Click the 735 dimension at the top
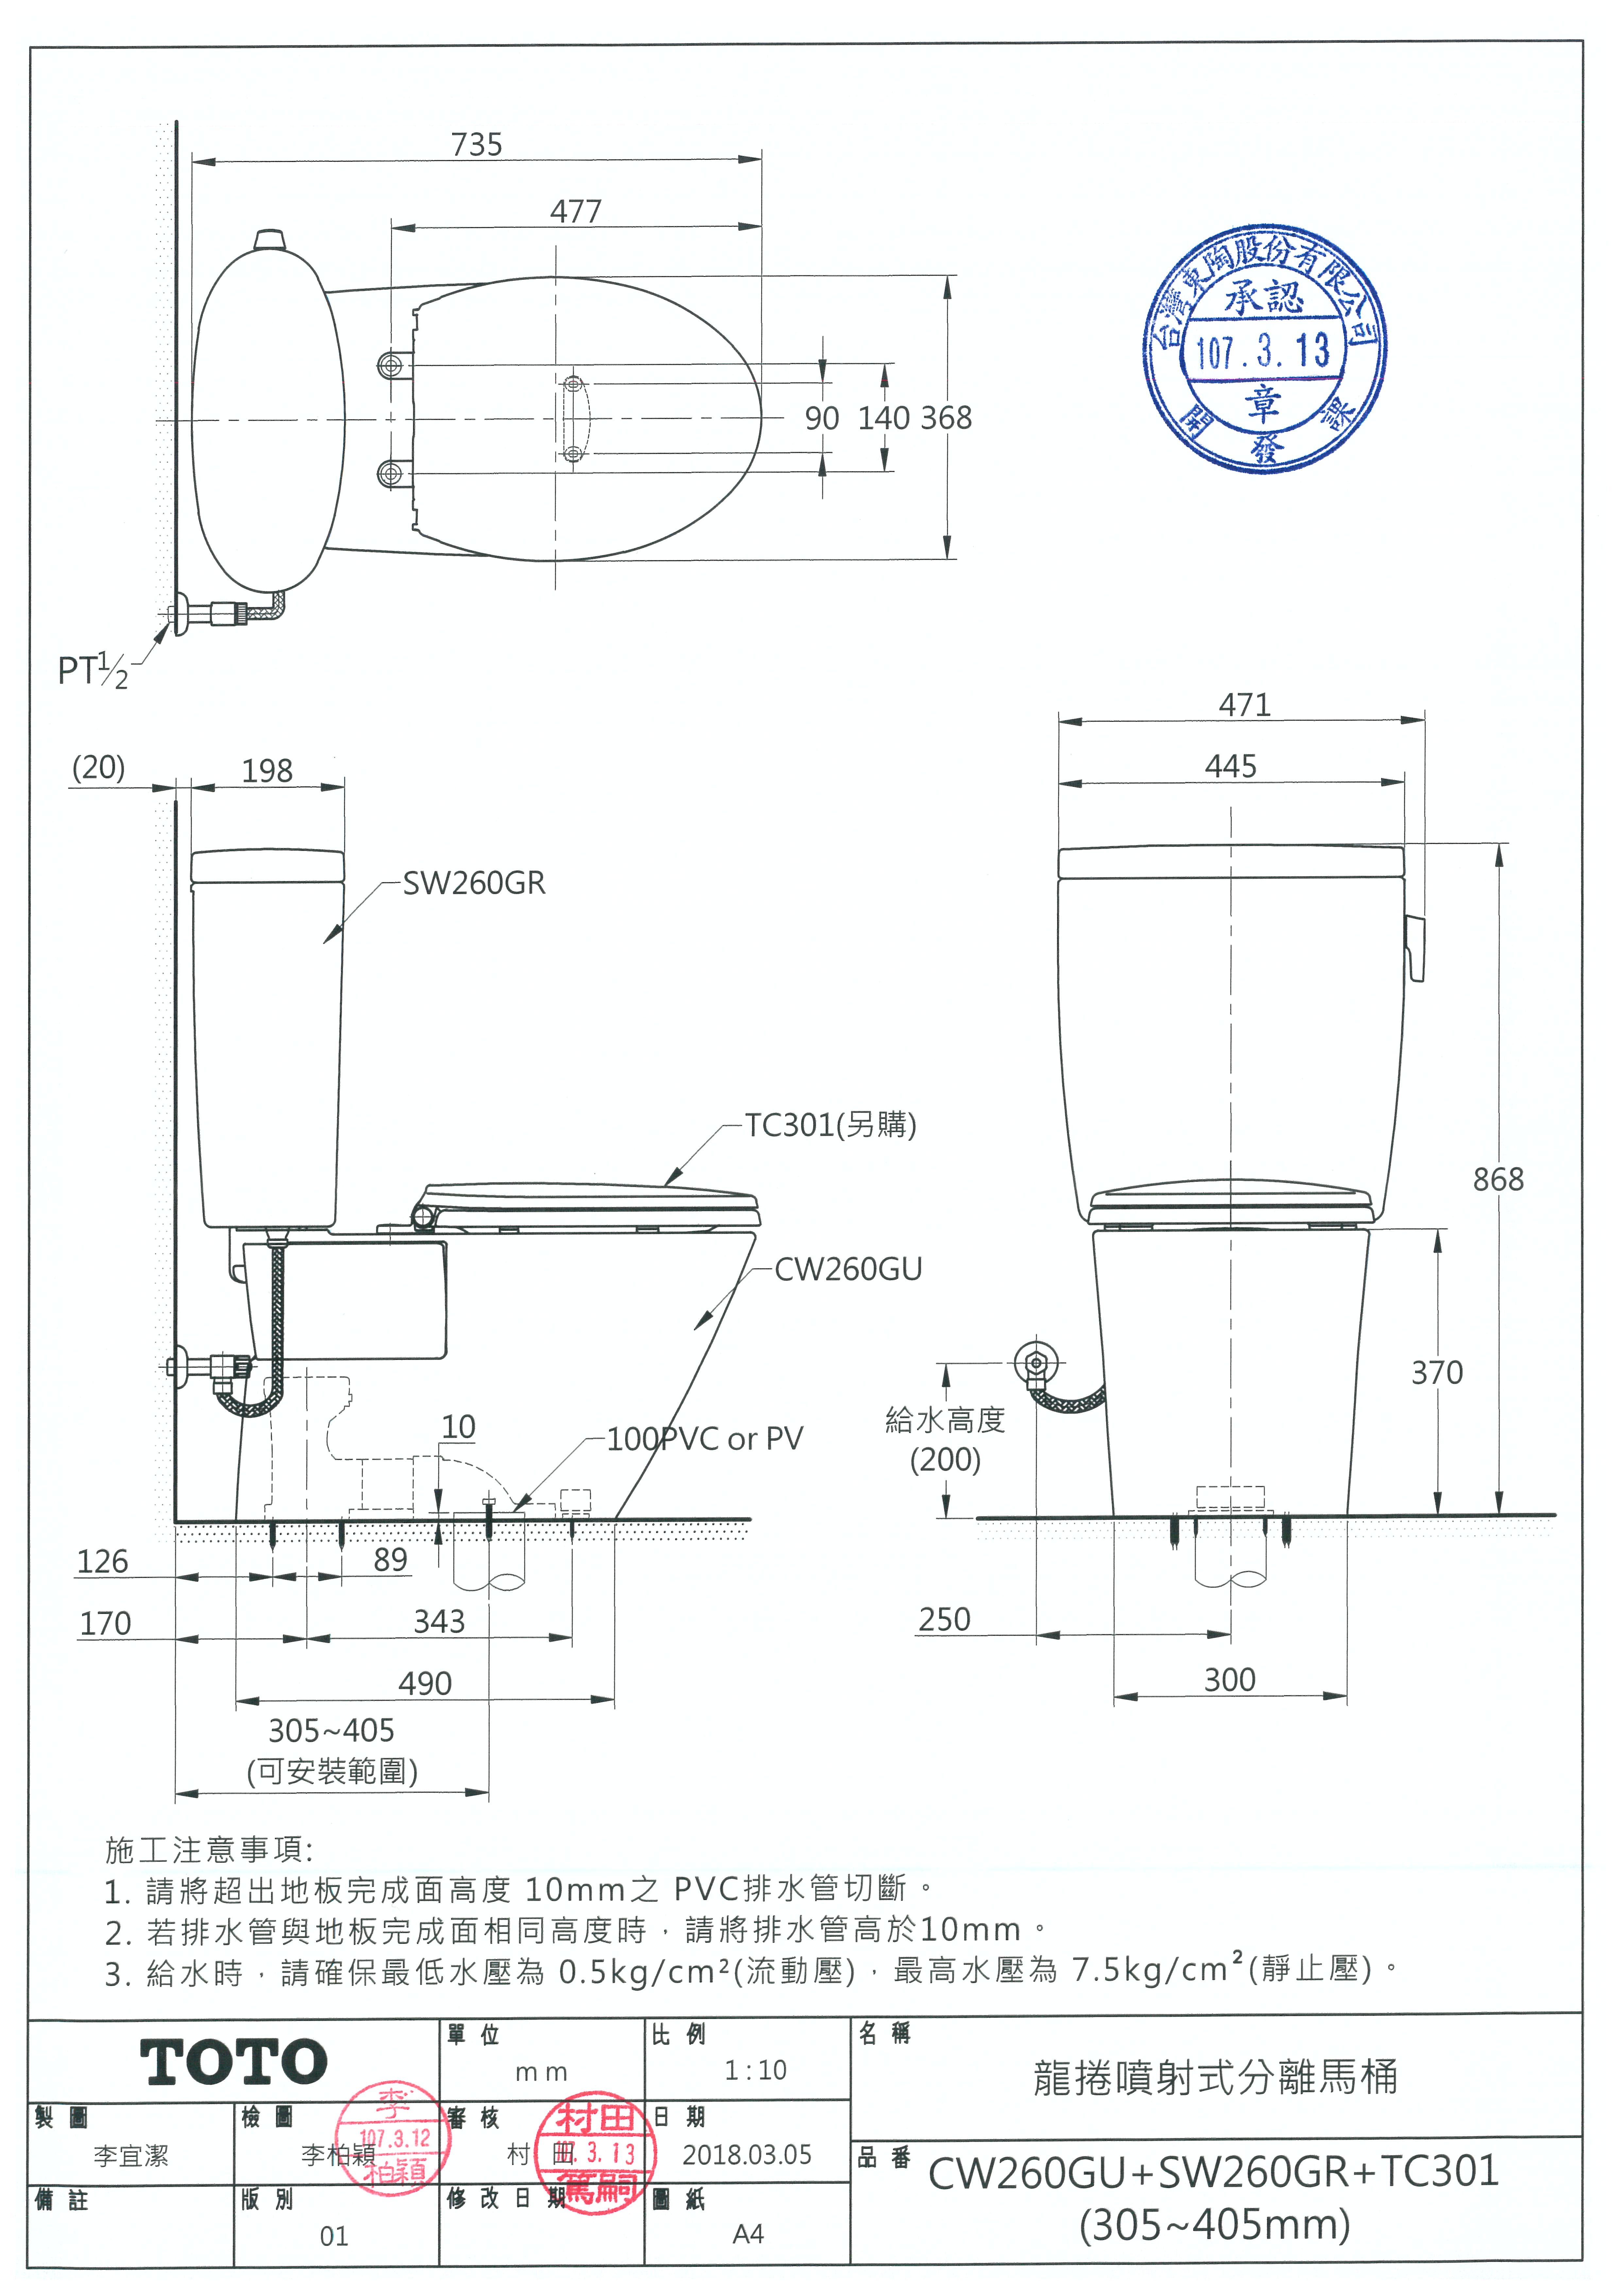(x=477, y=145)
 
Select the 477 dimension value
(x=576, y=212)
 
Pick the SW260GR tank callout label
(x=474, y=884)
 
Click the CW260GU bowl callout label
(x=847, y=1269)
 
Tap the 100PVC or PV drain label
(x=705, y=1439)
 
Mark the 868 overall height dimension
(x=1498, y=1180)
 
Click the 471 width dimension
(x=1244, y=706)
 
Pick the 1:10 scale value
(x=756, y=2070)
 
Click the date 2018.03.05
(x=746, y=2155)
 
